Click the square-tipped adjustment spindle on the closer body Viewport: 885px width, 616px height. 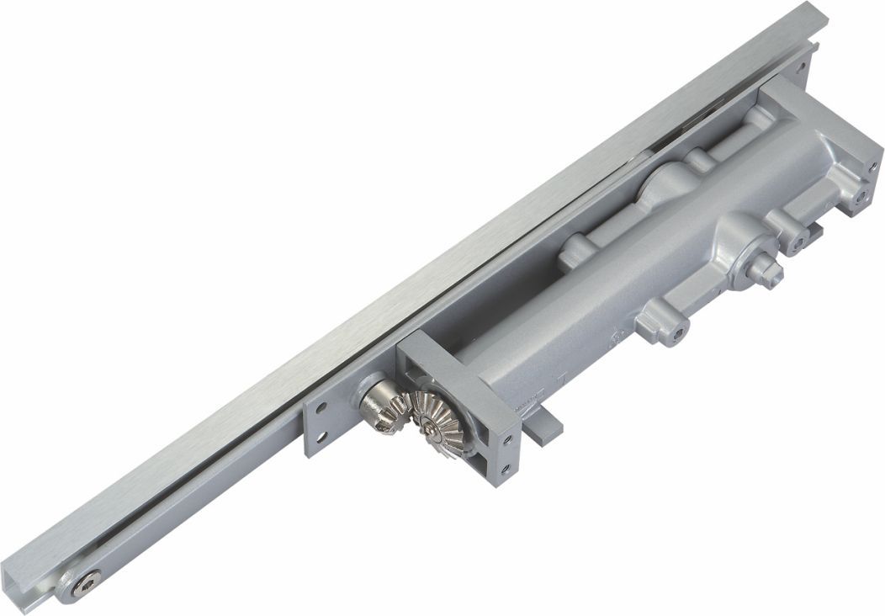pyautogui.click(x=765, y=268)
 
